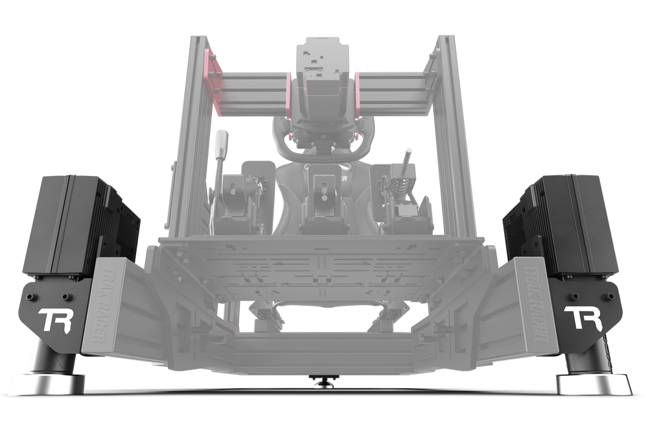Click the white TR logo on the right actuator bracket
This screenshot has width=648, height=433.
click(x=583, y=318)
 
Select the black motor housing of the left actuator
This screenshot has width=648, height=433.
click(x=71, y=221)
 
